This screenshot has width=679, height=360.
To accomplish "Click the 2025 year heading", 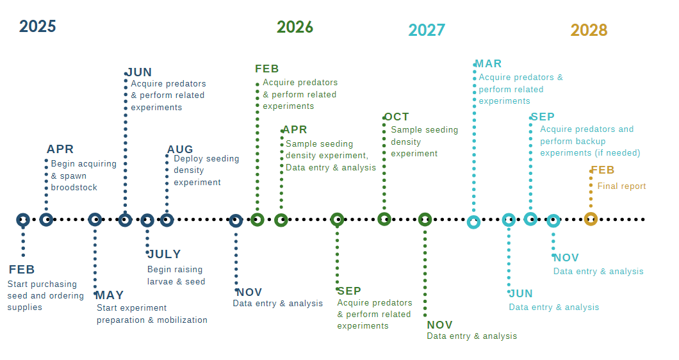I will [38, 26].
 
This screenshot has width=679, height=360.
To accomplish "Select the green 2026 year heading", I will [295, 27].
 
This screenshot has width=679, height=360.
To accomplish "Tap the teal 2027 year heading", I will [427, 30].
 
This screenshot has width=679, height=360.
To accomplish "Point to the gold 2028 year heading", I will [589, 30].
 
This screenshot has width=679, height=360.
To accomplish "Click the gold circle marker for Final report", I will [591, 219].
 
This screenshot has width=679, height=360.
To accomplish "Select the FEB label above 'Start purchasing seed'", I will [22, 270].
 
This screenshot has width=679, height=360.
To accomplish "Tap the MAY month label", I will [110, 295].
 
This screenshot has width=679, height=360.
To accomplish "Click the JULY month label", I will [165, 254].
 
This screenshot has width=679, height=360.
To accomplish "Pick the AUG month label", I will [180, 150].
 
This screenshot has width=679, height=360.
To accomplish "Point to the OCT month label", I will [397, 117].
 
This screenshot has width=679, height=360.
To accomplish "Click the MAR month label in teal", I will [488, 64].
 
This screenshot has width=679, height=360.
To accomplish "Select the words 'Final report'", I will [621, 186].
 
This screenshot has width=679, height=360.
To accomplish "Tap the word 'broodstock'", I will [74, 188].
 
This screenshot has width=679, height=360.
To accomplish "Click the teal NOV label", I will [566, 258].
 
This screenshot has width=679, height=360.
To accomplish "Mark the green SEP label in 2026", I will [349, 291].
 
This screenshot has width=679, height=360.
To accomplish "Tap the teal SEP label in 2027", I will [542, 117].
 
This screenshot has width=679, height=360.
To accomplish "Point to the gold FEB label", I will [602, 170].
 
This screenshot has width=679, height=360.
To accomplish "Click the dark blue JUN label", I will [139, 72].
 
